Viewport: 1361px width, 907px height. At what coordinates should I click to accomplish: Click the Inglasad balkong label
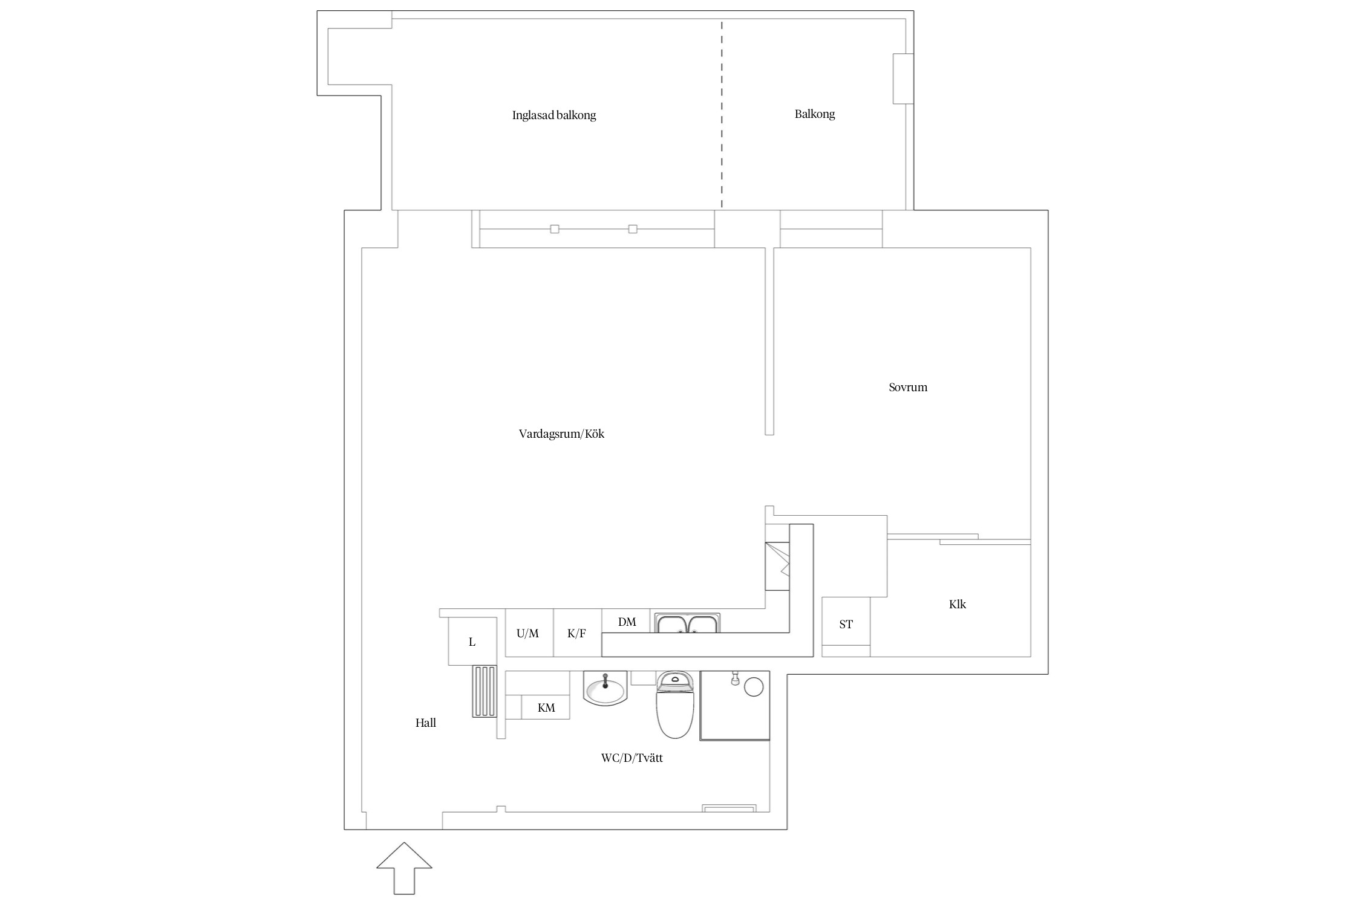click(x=554, y=115)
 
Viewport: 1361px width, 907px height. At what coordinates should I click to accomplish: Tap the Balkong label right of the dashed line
click(x=814, y=114)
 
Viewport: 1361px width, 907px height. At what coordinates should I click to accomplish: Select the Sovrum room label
click(x=907, y=387)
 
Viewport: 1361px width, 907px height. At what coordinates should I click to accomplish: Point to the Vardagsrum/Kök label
click(x=561, y=434)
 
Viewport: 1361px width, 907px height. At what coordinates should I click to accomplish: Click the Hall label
click(x=425, y=723)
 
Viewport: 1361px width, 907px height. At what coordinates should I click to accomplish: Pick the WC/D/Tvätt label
click(x=632, y=758)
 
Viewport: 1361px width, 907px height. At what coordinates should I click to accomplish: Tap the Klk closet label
click(x=957, y=604)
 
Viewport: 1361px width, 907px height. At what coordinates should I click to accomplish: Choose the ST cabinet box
click(x=846, y=625)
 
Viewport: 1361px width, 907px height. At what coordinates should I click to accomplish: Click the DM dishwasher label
click(x=627, y=622)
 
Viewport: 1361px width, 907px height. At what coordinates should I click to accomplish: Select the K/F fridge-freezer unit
click(x=577, y=633)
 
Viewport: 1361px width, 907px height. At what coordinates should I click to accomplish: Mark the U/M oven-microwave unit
click(x=527, y=633)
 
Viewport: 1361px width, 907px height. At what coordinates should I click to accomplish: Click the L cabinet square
click(x=472, y=642)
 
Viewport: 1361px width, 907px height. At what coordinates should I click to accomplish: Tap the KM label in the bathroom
click(x=546, y=707)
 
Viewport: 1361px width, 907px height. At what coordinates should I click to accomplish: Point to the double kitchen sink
click(x=687, y=623)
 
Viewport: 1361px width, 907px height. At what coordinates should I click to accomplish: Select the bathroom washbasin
click(x=605, y=689)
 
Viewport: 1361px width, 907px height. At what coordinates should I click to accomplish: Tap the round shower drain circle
click(x=754, y=687)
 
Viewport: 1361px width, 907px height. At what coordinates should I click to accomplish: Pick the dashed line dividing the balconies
click(x=722, y=115)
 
